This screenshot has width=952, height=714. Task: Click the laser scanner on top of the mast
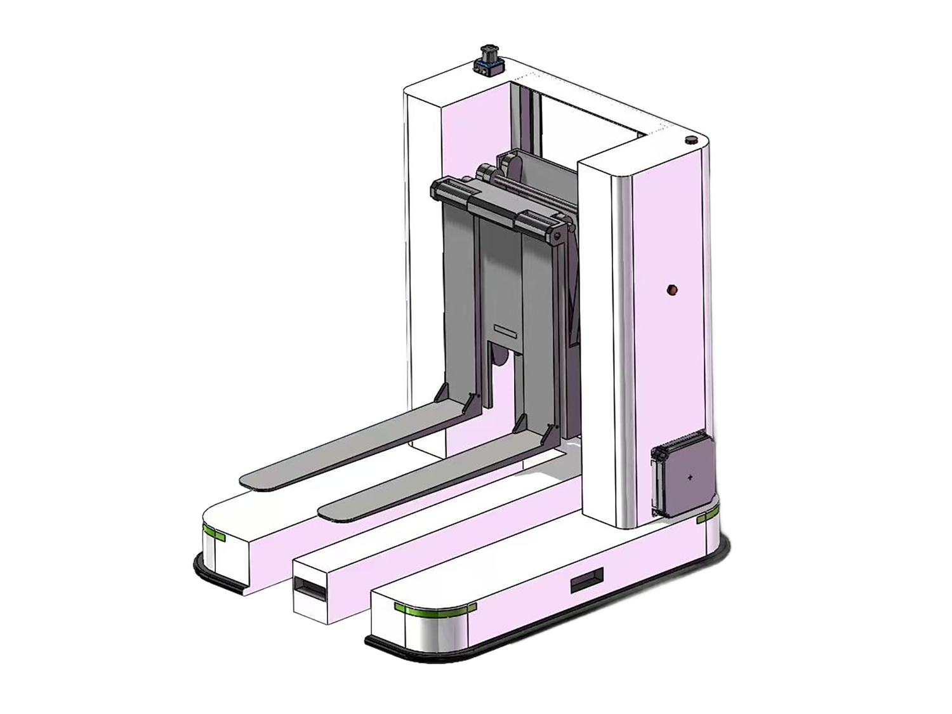click(489, 60)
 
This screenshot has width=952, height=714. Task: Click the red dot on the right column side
click(672, 290)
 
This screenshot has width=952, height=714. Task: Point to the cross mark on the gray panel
click(690, 477)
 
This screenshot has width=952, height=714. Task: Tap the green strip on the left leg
click(214, 532)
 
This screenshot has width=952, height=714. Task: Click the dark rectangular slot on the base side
click(586, 579)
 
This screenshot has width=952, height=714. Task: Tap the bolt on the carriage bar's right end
click(557, 236)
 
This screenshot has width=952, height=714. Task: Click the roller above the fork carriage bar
click(487, 171)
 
